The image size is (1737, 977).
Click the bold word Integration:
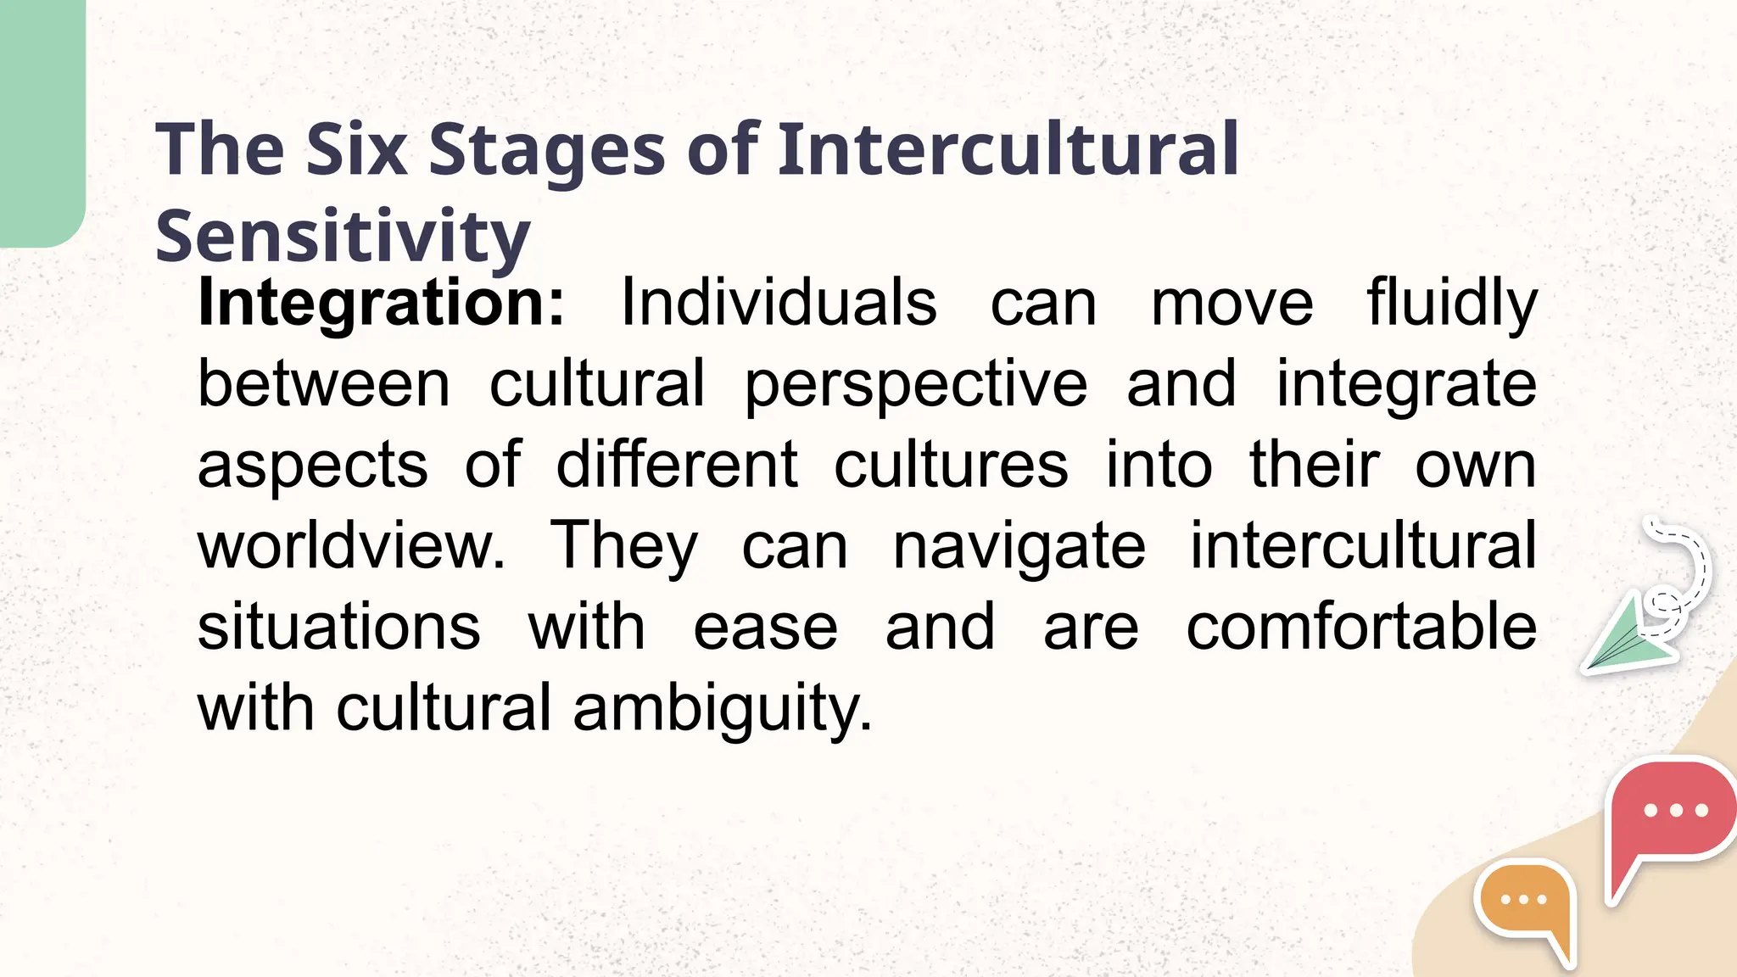(x=381, y=304)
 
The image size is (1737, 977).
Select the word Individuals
(x=779, y=302)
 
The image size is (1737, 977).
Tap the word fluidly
(x=1451, y=304)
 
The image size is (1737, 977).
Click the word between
(x=324, y=383)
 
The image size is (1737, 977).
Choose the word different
(x=677, y=465)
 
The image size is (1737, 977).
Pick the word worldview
(x=351, y=545)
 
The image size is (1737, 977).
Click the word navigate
(x=1019, y=547)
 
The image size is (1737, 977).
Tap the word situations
(x=339, y=627)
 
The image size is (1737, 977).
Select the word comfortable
(x=1361, y=627)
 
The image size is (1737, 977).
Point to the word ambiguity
(x=722, y=709)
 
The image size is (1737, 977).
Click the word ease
(x=766, y=627)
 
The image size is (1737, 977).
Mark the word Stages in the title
(x=547, y=149)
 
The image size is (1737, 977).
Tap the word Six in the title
(x=356, y=149)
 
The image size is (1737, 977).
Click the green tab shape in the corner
(x=41, y=119)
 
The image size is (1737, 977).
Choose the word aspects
(x=312, y=465)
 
